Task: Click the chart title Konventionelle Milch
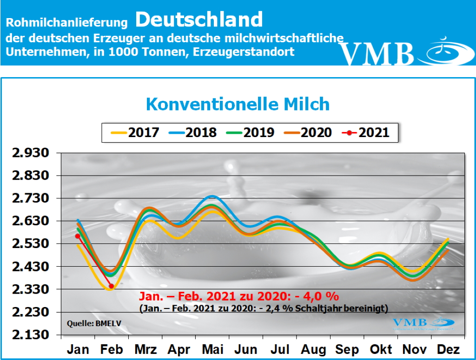coord(238,104)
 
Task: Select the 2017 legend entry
coord(135,132)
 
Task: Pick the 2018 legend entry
coord(192,132)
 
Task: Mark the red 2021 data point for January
coord(78,236)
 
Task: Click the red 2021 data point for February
coord(111,286)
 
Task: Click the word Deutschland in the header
coord(199,20)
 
